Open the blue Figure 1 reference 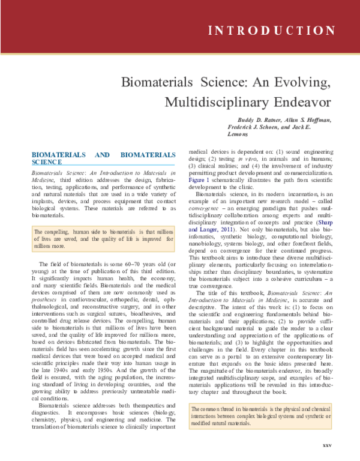click(x=200, y=179)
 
